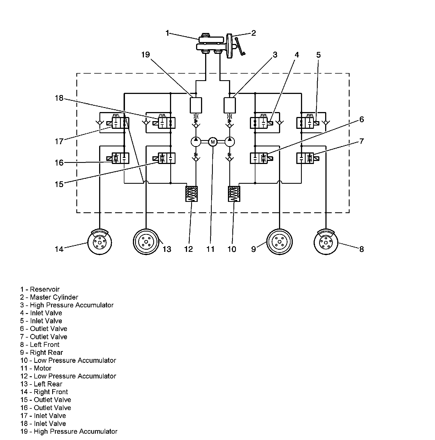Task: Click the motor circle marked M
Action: point(213,142)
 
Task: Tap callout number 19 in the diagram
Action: point(146,55)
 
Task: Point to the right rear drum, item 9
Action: point(280,242)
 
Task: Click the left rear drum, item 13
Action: point(146,242)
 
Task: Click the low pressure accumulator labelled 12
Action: point(192,194)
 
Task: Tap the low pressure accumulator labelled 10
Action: point(234,194)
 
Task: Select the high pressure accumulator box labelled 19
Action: point(196,105)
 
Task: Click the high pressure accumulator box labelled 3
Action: point(230,105)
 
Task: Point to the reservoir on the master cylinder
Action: point(208,39)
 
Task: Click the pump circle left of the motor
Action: point(196,142)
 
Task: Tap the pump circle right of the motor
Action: point(230,142)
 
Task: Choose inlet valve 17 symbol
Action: point(120,122)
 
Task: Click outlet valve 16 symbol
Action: point(120,158)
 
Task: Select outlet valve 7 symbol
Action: point(305,158)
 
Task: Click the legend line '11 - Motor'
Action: point(36,368)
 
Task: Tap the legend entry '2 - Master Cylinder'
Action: point(49,297)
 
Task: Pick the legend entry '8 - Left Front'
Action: point(40,344)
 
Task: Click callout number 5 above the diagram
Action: point(318,55)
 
